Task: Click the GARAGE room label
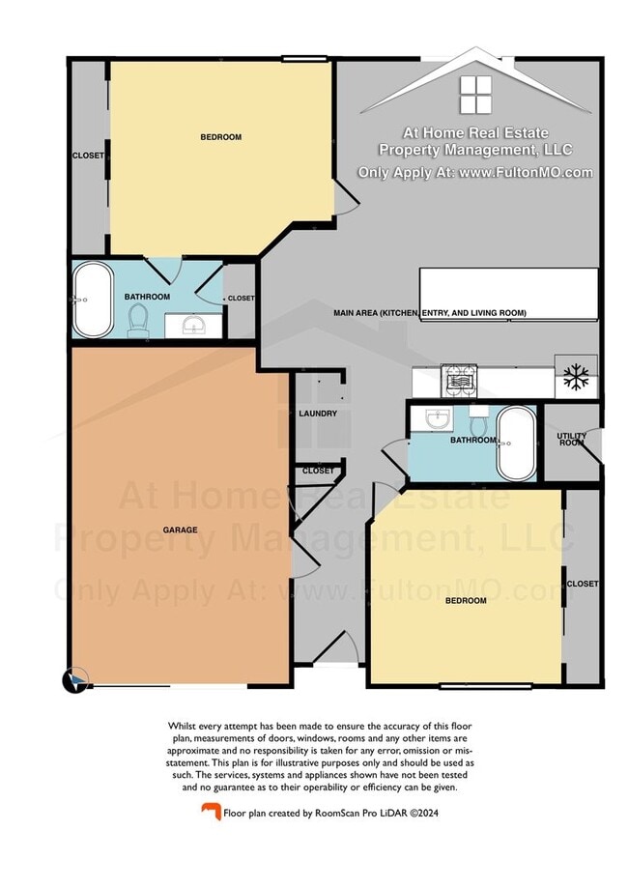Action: [180, 530]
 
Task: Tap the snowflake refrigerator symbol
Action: [576, 377]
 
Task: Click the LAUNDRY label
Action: [318, 414]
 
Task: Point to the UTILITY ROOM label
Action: [572, 439]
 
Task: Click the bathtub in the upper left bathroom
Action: [94, 300]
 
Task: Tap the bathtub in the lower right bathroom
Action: [516, 444]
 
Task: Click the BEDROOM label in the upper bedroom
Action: [220, 137]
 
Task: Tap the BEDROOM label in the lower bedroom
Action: [465, 601]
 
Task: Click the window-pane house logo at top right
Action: [474, 95]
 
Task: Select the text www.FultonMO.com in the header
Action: [527, 173]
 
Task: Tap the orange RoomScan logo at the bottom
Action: [208, 813]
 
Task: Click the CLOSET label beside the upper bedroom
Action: [88, 156]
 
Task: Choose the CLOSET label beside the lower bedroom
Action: [583, 584]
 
